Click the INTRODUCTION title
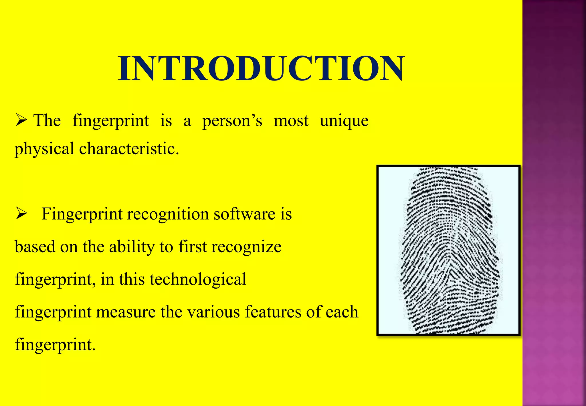(261, 69)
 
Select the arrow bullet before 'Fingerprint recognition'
(21, 213)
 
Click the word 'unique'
(344, 121)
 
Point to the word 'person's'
(232, 121)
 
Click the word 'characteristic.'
(129, 149)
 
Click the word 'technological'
(198, 279)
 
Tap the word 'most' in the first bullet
(291, 121)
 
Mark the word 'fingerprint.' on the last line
(55, 344)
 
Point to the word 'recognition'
(168, 214)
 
